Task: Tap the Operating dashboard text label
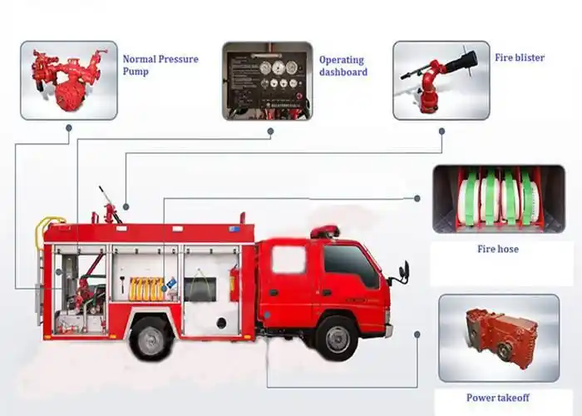tap(342, 66)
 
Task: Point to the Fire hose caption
tap(498, 249)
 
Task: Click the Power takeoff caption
tap(498, 398)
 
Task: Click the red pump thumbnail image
tap(69, 80)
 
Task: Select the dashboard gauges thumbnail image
tap(267, 81)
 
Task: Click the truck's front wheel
tap(338, 339)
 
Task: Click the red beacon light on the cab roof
tap(325, 230)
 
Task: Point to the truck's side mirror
tap(405, 271)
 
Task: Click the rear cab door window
tap(289, 260)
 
